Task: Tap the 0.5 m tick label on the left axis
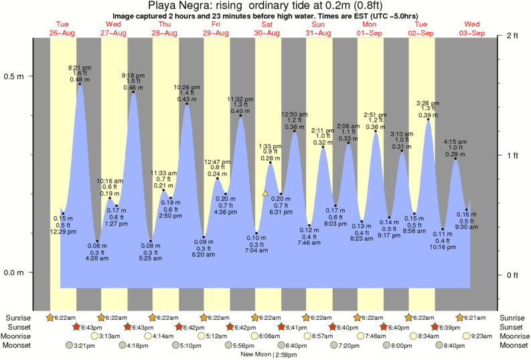pos(14,76)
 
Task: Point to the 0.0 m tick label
pos(14,272)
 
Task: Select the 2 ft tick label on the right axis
pos(514,35)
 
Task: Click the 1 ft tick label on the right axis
pos(514,155)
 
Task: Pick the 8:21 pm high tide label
pos(80,68)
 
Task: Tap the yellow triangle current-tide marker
pos(265,193)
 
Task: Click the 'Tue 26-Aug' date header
pos(62,29)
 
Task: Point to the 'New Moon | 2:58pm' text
pos(268,354)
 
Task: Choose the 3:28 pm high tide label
pos(428,103)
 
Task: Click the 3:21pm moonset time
pos(84,345)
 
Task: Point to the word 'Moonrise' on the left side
pos(20,336)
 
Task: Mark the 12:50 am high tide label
pos(293,114)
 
